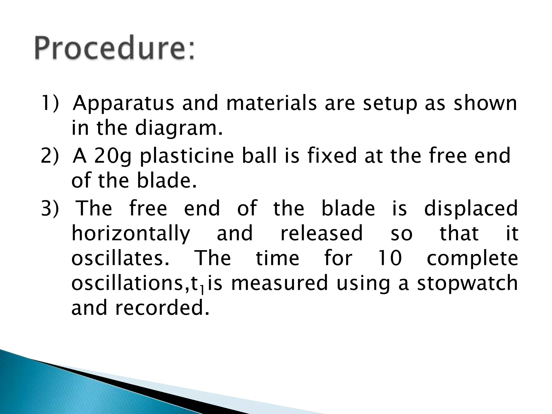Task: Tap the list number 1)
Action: (49, 103)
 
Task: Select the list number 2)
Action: (49, 156)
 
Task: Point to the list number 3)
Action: (49, 208)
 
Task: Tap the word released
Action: (322, 233)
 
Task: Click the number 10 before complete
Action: (390, 258)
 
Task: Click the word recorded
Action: (162, 308)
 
